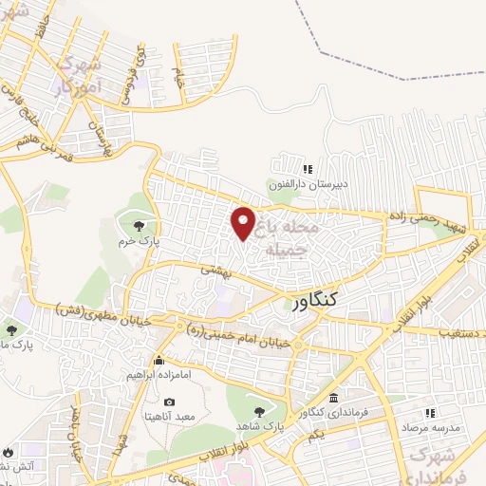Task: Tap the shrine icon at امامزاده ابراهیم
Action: point(159,360)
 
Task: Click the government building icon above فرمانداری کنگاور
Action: point(332,397)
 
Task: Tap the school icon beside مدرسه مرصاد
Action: point(430,413)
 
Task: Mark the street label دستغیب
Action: point(461,334)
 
